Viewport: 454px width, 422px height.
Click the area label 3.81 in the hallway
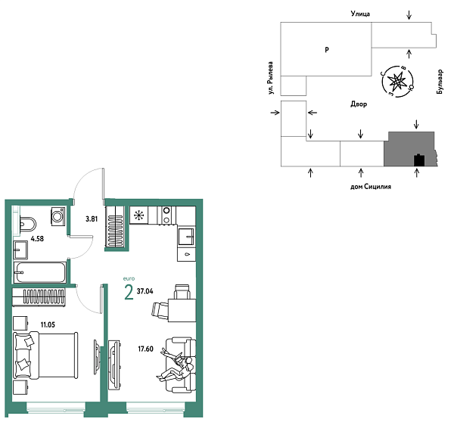[x=91, y=219]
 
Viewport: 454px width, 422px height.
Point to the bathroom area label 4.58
[x=37, y=244]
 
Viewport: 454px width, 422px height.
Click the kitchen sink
[x=186, y=237]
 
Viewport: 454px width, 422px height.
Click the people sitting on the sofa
[x=178, y=365]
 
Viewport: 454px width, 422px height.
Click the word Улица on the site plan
[x=353, y=14]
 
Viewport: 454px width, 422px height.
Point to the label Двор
[x=359, y=104]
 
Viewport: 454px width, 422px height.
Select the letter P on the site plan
[x=326, y=50]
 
